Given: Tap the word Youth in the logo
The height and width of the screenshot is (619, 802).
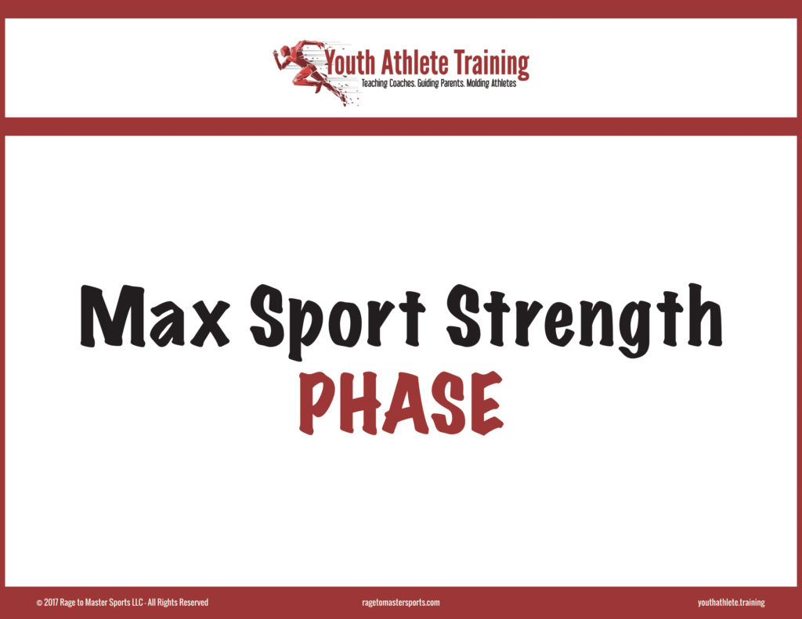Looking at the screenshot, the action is pyautogui.click(x=350, y=63).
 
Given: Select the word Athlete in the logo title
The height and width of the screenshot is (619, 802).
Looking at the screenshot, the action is pyautogui.click(x=415, y=63).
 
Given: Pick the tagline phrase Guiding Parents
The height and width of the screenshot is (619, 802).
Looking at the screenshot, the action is pyautogui.click(x=441, y=83).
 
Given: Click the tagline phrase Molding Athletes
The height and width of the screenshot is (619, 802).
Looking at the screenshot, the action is pyautogui.click(x=492, y=83).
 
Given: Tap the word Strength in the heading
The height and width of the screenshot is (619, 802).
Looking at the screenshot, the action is pyautogui.click(x=584, y=320).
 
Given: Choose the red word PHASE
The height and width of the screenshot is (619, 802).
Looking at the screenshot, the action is pyautogui.click(x=402, y=404).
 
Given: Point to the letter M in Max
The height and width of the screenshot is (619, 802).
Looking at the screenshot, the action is pyautogui.click(x=113, y=316).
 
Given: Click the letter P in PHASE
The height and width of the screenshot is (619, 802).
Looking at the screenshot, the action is pyautogui.click(x=317, y=404).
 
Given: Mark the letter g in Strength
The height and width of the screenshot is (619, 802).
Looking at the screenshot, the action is pyautogui.click(x=632, y=327).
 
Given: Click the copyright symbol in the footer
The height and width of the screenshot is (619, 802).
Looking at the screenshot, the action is pyautogui.click(x=39, y=603).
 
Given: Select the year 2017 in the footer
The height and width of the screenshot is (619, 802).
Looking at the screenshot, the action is pyautogui.click(x=51, y=603).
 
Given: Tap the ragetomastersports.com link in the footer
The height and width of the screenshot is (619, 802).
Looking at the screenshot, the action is pyautogui.click(x=400, y=603).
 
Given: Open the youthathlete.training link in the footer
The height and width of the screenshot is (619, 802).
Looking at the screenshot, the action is pyautogui.click(x=731, y=603).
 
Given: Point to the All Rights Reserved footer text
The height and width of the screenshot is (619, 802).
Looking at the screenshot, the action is pyautogui.click(x=178, y=603).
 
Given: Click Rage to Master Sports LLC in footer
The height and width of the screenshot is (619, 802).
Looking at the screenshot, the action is pyautogui.click(x=101, y=603).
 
